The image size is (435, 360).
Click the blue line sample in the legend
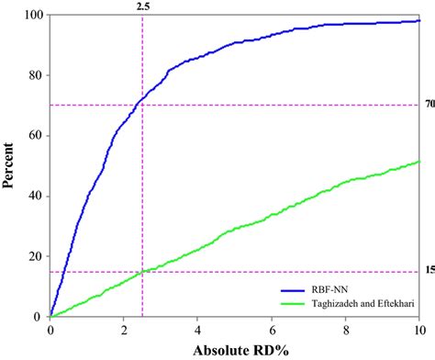[x=265, y=285]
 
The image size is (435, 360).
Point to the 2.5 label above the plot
[x=142, y=6]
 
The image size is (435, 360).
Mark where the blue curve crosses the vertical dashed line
[x=142, y=97]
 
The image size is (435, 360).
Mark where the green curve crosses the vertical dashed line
[x=142, y=272]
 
